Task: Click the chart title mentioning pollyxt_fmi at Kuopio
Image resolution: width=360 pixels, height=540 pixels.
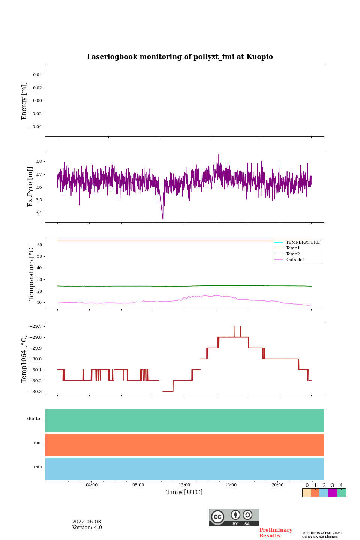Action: point(180,57)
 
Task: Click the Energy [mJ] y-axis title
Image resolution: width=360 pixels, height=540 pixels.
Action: point(24,101)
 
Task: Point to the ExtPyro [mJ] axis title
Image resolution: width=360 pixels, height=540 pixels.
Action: point(30,187)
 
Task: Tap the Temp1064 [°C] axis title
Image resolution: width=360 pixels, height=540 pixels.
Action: point(24,359)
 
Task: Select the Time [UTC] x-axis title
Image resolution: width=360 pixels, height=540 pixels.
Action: point(184,492)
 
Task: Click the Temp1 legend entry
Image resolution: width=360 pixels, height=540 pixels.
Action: point(293,248)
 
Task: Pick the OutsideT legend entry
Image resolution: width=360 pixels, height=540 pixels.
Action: point(295,259)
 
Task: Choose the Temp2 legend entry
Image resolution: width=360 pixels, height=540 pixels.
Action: point(293,254)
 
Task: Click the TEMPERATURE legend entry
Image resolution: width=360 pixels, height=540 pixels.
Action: point(303,243)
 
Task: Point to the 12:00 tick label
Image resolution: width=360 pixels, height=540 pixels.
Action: point(184,485)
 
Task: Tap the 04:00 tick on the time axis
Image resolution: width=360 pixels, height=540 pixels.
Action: point(91,485)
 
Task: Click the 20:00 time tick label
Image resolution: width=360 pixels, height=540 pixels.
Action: point(277,485)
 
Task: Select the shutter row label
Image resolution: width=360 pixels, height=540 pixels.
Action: point(34,419)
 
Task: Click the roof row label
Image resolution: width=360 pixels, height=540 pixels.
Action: point(38,443)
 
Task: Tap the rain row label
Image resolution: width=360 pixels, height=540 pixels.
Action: point(38,467)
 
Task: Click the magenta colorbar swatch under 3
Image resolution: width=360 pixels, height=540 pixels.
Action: point(332,493)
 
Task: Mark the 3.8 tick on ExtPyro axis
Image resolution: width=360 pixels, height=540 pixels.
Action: point(39,161)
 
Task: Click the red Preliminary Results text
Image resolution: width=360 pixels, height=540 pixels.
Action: point(276,533)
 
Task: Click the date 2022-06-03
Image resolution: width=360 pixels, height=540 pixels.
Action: point(87,522)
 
